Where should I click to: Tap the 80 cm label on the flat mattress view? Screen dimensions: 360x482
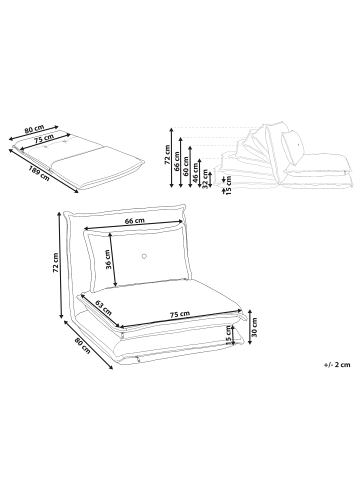34,129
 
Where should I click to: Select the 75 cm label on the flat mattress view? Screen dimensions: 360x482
45,138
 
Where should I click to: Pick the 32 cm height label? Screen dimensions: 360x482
205,179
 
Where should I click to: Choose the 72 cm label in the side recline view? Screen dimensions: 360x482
167,155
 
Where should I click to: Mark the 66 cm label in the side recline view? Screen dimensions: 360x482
176,161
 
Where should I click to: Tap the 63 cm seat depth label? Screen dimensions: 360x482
103,308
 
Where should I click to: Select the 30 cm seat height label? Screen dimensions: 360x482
255,326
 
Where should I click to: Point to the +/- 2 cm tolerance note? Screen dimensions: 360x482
337,365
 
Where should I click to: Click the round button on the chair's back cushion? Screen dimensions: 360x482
144,256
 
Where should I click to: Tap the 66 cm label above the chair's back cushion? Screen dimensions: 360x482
134,221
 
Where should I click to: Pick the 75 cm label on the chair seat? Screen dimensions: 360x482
180,314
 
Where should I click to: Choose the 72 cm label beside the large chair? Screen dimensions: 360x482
56,262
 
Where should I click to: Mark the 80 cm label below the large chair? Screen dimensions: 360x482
82,345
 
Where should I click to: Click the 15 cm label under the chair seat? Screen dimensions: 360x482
228,335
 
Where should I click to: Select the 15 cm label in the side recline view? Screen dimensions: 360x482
229,186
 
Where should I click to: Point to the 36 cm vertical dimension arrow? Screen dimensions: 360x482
113,260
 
